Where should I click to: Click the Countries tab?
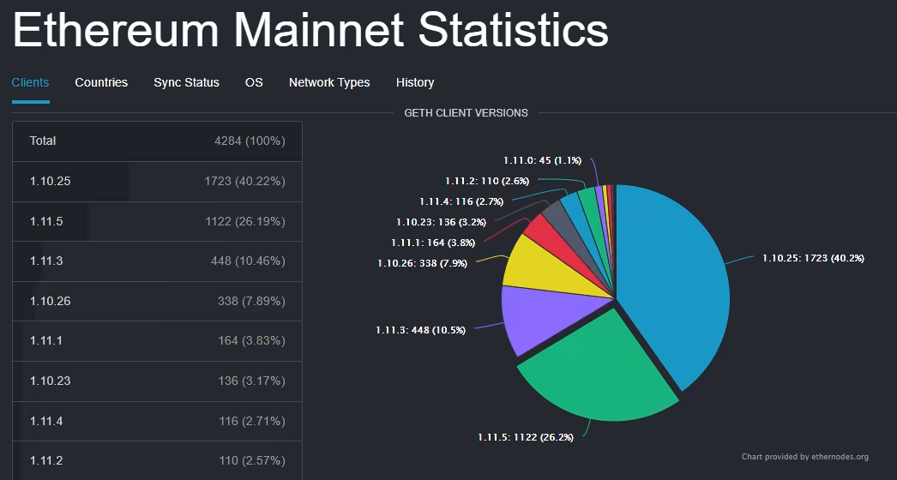click(x=101, y=82)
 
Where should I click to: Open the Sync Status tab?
click(x=186, y=82)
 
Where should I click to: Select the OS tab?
click(x=254, y=82)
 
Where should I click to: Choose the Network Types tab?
click(x=329, y=82)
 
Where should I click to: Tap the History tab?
click(x=415, y=82)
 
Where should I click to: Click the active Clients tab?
click(x=31, y=82)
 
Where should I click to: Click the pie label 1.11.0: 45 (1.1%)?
click(x=542, y=160)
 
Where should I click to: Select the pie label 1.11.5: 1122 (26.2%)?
click(x=526, y=437)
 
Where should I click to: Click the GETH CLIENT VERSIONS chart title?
click(x=466, y=112)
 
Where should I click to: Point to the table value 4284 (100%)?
click(x=250, y=141)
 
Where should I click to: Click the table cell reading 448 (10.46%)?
click(x=248, y=261)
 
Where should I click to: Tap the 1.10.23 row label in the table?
click(x=51, y=381)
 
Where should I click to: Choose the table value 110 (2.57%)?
click(x=251, y=460)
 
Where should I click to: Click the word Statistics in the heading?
click(x=513, y=31)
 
